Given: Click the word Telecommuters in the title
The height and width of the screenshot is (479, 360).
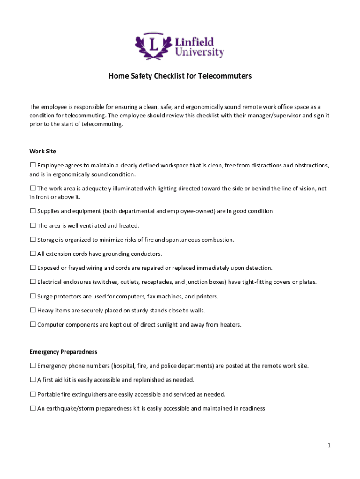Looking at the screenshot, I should click(224, 76).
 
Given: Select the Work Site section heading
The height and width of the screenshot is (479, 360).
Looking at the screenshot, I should click(43, 151).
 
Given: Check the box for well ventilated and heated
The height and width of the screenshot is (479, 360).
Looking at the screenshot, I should click(33, 225).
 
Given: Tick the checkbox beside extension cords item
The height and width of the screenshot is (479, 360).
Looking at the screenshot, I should click(33, 254).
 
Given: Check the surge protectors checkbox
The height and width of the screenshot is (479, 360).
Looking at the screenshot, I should click(33, 296).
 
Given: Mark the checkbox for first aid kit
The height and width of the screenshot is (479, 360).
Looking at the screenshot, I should click(33, 380).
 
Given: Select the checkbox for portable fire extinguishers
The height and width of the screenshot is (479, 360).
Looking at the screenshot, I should click(33, 394).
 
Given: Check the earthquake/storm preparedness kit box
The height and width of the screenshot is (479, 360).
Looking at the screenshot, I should click(33, 408).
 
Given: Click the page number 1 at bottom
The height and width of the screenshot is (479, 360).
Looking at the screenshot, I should click(329, 446).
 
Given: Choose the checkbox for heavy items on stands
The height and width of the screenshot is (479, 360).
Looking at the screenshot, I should click(33, 310).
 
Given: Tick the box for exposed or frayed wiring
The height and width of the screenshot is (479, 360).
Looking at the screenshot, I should click(33, 268).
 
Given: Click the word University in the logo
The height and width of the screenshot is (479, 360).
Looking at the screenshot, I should click(199, 52).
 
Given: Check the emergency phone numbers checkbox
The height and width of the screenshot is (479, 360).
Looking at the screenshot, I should click(33, 365).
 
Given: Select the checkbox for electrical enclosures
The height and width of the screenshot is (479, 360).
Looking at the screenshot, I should click(33, 282).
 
